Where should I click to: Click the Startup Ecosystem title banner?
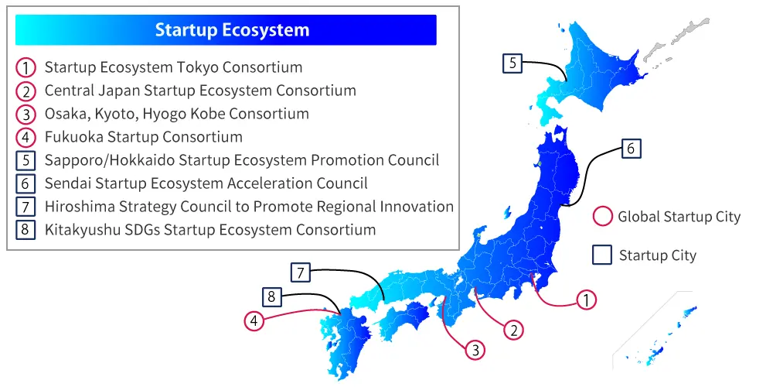232,30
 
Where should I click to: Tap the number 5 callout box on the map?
512,63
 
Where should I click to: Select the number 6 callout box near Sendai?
631,149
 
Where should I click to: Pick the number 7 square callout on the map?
301,272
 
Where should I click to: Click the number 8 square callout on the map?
271,296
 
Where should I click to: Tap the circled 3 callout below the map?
475,350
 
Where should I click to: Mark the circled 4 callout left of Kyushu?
255,320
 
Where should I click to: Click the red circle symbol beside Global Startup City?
602,216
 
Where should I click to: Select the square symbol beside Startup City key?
602,255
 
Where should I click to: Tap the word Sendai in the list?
67,183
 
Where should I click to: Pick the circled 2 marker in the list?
26,91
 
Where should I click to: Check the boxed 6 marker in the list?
26,184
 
